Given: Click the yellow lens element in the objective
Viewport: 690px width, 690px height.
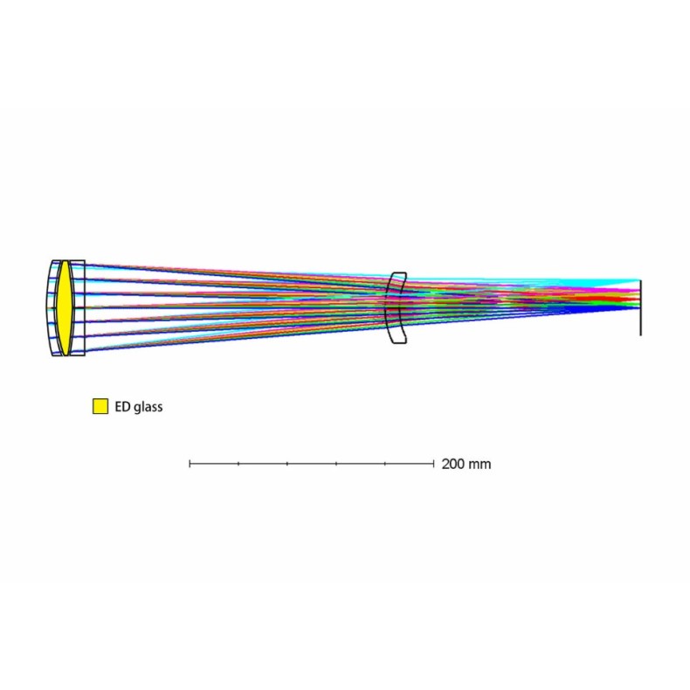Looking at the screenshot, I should (63, 307).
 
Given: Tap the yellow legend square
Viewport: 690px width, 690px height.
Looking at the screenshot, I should (100, 406).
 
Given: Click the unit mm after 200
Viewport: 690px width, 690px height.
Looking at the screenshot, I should (480, 464).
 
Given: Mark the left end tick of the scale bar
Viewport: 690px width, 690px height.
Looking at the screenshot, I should (190, 464).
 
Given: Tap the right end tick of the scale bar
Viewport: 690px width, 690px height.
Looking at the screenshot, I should (433, 464).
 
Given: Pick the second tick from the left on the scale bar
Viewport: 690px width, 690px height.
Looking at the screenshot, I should (238, 464).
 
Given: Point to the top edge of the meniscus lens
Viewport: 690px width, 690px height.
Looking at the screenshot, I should (397, 273).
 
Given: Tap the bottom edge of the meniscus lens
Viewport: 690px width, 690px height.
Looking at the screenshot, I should (397, 342).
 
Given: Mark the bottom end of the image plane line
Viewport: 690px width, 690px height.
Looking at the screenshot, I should (641, 335).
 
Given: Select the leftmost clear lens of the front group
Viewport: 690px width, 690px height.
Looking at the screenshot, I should (52, 307).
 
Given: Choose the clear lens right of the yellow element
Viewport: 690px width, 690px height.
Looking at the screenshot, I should (77, 307).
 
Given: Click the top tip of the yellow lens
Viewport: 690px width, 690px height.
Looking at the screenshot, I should (63, 260).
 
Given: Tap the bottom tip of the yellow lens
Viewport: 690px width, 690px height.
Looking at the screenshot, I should (63, 355).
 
